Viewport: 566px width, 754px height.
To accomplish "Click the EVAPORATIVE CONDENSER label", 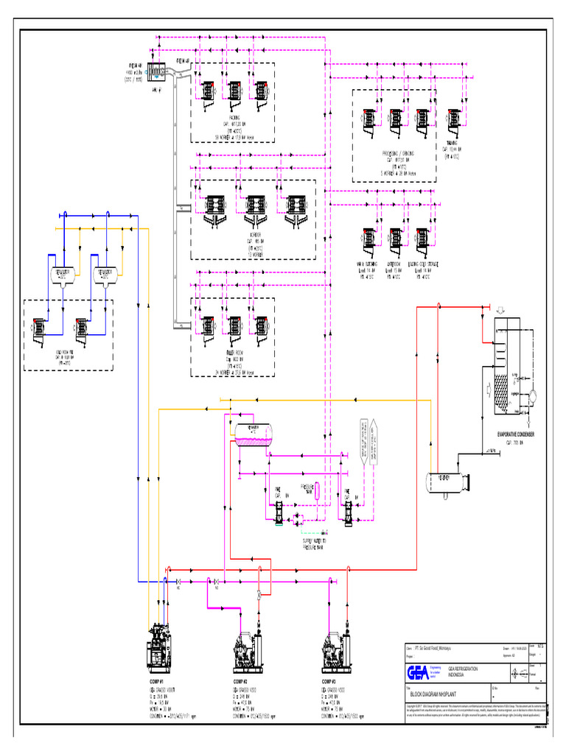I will (515, 434).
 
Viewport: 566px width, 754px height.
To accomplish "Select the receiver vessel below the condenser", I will (447, 480).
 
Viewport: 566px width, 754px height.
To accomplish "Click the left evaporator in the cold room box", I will (36, 328).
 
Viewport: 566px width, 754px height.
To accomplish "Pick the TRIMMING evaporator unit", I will (453, 119).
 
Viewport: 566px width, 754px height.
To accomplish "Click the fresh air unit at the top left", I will (157, 71).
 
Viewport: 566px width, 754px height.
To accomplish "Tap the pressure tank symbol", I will (309, 491).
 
